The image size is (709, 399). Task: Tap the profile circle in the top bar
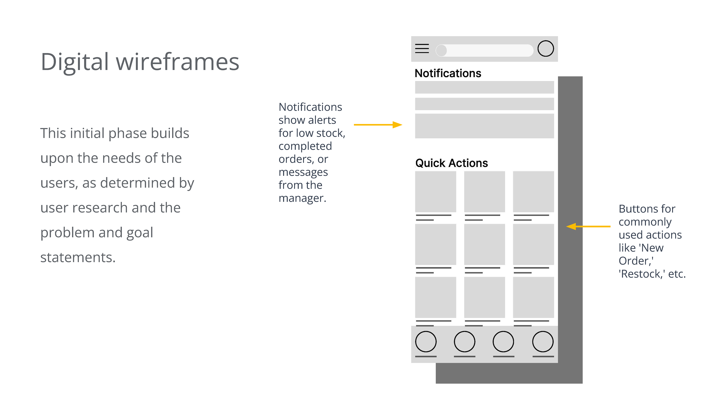point(546,49)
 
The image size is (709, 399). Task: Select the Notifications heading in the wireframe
point(448,73)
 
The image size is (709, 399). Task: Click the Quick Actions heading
point(451,163)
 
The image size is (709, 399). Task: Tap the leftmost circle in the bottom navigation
point(426,341)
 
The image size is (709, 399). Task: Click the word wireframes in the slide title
point(177,62)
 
